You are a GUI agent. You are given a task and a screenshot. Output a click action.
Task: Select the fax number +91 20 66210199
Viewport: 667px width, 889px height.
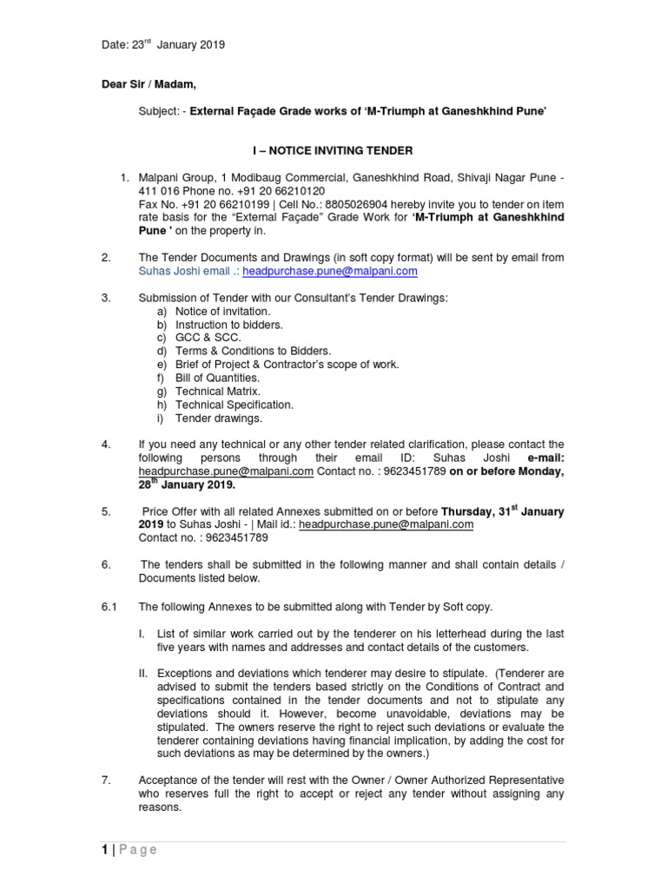tap(214, 204)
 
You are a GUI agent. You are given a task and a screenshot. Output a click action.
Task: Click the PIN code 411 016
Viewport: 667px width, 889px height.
tap(157, 191)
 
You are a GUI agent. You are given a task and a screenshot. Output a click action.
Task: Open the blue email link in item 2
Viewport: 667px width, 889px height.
tap(330, 271)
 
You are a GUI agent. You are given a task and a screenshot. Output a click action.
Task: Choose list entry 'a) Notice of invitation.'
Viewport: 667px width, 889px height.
tap(222, 312)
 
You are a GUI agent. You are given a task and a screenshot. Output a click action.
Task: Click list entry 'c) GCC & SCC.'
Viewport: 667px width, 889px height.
tap(208, 338)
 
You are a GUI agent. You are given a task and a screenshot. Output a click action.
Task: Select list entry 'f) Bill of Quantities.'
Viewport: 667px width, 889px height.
tap(217, 378)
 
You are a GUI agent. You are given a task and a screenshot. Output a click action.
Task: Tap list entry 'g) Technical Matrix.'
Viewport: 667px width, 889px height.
tap(217, 392)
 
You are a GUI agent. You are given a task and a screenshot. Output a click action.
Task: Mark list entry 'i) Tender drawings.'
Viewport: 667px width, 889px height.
tap(218, 418)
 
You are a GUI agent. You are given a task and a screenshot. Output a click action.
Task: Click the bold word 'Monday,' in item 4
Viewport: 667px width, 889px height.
tap(538, 471)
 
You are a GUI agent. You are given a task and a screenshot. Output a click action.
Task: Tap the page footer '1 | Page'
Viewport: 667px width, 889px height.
tap(127, 850)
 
